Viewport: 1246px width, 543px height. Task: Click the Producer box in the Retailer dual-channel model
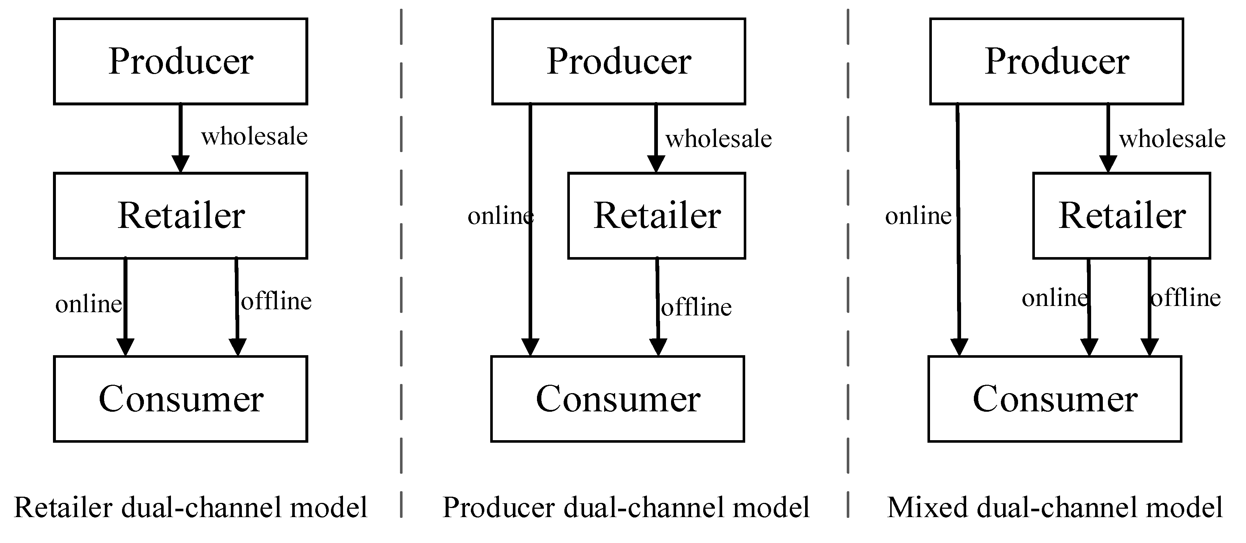click(180, 61)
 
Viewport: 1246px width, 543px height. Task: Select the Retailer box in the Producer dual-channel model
click(656, 216)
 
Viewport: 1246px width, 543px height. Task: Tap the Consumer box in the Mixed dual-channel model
click(1055, 399)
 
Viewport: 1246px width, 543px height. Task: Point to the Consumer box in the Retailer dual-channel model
click(180, 399)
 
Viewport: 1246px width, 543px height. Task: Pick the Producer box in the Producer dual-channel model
click(618, 61)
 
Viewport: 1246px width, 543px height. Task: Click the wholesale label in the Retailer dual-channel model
click(255, 137)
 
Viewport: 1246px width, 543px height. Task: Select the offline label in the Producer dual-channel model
click(696, 308)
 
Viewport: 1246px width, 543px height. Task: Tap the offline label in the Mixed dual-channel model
click(1185, 298)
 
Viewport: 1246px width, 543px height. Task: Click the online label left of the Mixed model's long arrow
click(918, 216)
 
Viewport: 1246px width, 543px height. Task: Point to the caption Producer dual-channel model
click(626, 508)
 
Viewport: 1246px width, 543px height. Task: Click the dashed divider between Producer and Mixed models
click(848, 241)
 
